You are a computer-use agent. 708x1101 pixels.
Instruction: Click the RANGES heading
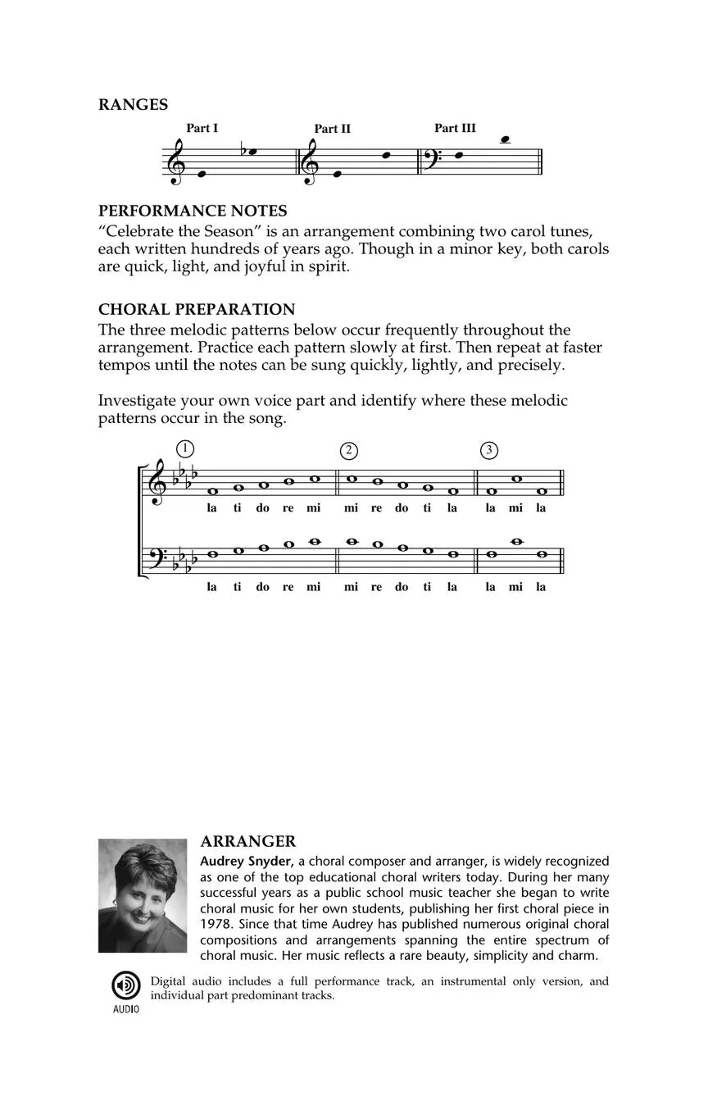133,105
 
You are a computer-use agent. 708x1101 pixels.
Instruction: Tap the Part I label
202,128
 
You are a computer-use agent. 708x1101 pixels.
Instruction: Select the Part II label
332,129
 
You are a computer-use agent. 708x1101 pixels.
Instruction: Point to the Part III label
455,128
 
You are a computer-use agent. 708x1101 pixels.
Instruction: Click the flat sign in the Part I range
243,151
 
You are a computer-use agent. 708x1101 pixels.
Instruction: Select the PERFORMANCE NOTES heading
193,211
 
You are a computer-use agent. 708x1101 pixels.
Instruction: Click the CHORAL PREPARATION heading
197,309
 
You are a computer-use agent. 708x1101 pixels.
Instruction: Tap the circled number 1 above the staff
185,448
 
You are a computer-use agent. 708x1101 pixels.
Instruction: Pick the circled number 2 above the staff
349,450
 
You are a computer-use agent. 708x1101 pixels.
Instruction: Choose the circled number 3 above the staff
489,450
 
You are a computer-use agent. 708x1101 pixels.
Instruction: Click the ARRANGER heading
247,842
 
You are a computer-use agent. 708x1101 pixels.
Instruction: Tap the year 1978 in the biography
216,924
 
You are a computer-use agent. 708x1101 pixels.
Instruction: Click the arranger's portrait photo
143,895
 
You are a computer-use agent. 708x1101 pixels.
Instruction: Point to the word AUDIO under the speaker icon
125,1009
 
